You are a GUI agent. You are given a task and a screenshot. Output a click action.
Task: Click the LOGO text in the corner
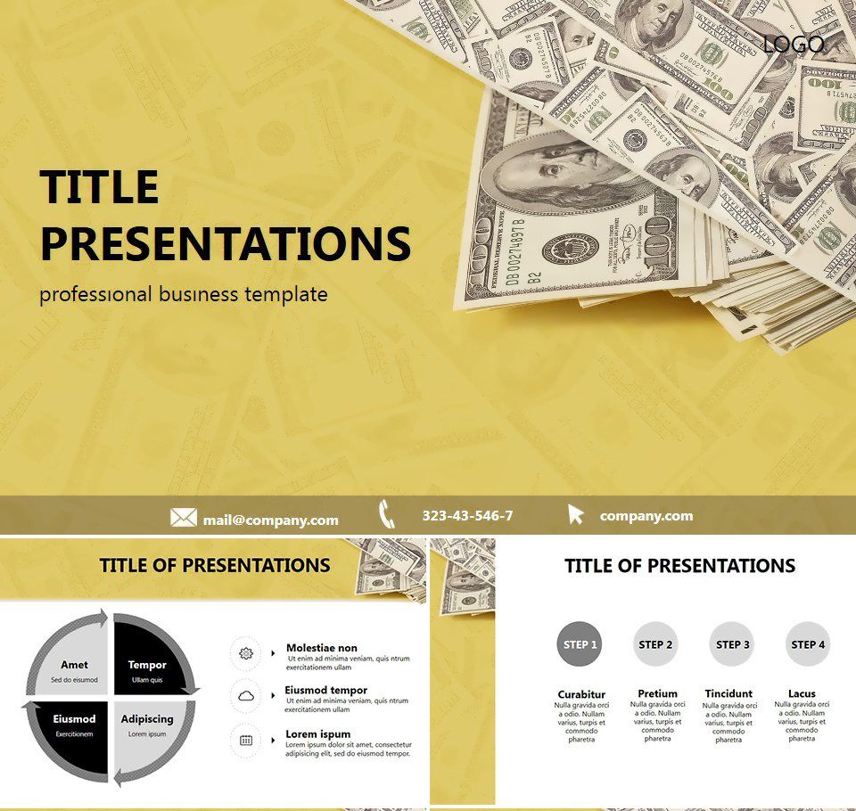coord(794,43)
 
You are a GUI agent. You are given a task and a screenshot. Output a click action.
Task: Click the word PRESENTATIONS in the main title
coord(226,243)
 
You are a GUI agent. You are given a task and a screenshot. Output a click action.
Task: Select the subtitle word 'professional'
coord(96,294)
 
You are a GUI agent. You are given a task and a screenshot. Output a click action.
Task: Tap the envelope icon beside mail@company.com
coord(184,518)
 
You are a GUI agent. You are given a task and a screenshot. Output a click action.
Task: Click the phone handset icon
coord(387,515)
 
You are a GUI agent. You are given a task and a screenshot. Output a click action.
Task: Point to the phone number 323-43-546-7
coord(467,516)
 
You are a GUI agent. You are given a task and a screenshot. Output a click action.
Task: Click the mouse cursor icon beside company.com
coord(576,515)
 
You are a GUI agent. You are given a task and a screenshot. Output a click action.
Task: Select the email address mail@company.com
coord(270,520)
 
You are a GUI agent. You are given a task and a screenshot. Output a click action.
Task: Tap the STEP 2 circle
coord(656,644)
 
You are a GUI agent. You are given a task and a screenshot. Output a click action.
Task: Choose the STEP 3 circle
coord(733,644)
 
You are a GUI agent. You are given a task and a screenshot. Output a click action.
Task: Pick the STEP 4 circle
coord(808,644)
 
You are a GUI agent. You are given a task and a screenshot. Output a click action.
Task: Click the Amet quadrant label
coord(74,665)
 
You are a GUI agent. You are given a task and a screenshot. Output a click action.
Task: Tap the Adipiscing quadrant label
coord(147,719)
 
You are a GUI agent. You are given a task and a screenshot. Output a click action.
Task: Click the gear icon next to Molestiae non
coord(246,653)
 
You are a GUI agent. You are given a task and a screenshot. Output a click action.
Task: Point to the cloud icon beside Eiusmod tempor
coord(246,695)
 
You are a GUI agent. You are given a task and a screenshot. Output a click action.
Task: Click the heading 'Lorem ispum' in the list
coord(317,734)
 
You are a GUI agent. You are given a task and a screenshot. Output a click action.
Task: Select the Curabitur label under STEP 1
coord(581,694)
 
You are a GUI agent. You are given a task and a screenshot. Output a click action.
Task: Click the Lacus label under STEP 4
coord(802,693)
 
